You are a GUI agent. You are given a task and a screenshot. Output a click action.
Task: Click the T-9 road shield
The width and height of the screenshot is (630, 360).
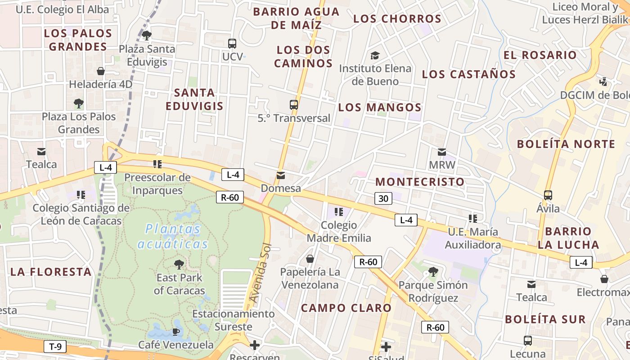coord(55,346)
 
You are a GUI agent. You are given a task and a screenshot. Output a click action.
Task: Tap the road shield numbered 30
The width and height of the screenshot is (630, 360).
coord(382,198)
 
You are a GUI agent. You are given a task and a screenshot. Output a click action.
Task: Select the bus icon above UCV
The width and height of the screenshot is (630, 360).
coord(232,44)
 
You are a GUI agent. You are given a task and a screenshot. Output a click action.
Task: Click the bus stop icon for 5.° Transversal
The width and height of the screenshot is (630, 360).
coord(294,105)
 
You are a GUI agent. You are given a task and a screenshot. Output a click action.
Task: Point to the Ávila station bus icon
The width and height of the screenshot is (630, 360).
coord(548,195)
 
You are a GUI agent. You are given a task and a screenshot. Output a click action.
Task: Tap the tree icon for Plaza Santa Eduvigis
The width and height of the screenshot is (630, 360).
coord(146,35)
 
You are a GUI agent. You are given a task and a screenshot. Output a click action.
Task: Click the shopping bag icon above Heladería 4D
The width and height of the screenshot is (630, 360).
coord(101,71)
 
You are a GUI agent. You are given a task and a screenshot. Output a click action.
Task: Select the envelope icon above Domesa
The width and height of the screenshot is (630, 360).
coord(281,175)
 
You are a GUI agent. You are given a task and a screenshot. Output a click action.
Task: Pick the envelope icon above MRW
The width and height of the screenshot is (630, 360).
coord(442,152)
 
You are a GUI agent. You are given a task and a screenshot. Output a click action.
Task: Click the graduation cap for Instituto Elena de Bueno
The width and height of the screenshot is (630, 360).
coord(375,55)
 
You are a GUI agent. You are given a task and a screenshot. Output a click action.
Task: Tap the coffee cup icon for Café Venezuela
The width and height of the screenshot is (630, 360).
coord(175,332)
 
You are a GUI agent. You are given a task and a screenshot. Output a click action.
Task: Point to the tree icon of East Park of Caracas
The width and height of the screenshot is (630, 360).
coord(179,264)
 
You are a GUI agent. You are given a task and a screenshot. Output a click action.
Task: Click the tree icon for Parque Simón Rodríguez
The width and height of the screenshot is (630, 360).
coord(433,271)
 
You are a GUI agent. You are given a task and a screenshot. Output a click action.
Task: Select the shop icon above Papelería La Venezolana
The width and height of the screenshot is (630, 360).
coord(310,259)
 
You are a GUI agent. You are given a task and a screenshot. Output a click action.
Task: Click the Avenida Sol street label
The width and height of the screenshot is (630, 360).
coord(261,274)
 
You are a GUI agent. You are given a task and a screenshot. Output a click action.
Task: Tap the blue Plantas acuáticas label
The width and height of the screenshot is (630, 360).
coord(173,237)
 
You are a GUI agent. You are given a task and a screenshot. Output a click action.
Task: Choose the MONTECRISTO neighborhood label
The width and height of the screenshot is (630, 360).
coord(419,182)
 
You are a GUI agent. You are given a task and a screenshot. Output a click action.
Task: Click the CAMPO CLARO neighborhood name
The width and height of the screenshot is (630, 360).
coord(346,308)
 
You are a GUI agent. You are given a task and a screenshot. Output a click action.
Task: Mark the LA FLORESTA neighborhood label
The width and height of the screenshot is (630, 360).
coord(51,272)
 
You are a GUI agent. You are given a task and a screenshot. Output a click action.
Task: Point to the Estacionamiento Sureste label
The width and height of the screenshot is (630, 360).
coord(233,320)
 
